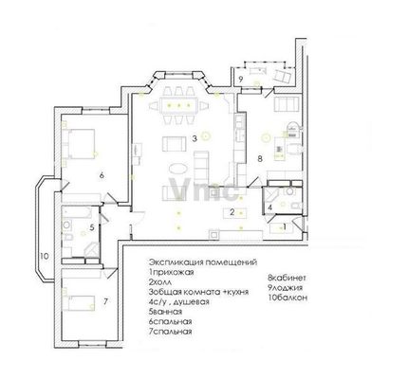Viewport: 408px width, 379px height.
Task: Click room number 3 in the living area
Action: pos(195,138)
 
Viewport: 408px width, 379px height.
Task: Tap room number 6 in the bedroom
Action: pos(102,175)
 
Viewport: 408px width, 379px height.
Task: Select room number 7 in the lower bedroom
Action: pos(105,301)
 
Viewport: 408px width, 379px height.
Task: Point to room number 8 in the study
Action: pos(260,158)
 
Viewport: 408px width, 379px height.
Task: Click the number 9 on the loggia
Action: pos(240,80)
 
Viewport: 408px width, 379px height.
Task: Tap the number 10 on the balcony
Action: pos(45,256)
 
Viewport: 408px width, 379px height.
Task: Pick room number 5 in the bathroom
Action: pos(92,227)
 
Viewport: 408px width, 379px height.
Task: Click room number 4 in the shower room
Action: pos(269,208)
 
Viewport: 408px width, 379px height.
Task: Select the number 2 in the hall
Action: pos(232,212)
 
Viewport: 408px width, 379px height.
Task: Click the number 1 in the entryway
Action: pos(285,226)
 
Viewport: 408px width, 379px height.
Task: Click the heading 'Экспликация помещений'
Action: pos(203,262)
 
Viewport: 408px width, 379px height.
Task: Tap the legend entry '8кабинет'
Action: pos(287,278)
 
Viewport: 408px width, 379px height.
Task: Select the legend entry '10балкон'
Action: pos(287,298)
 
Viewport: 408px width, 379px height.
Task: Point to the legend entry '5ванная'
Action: pos(165,312)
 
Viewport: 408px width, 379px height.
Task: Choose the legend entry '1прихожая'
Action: pos(171,272)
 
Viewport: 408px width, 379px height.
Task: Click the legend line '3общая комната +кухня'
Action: pos(198,292)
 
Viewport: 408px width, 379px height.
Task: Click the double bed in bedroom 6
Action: pos(80,143)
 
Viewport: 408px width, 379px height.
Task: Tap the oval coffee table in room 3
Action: pos(178,169)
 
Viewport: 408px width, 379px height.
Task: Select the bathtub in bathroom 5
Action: pos(77,212)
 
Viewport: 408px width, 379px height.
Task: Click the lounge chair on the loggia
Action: pos(281,76)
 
